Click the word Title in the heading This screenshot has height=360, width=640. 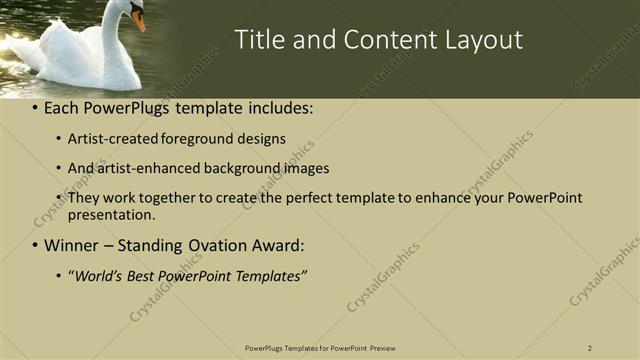coord(258,40)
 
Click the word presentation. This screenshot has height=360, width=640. coord(111,214)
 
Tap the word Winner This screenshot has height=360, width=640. coord(72,244)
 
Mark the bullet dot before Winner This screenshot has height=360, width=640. coord(36,245)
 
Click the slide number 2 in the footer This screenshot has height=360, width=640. coord(590,348)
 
